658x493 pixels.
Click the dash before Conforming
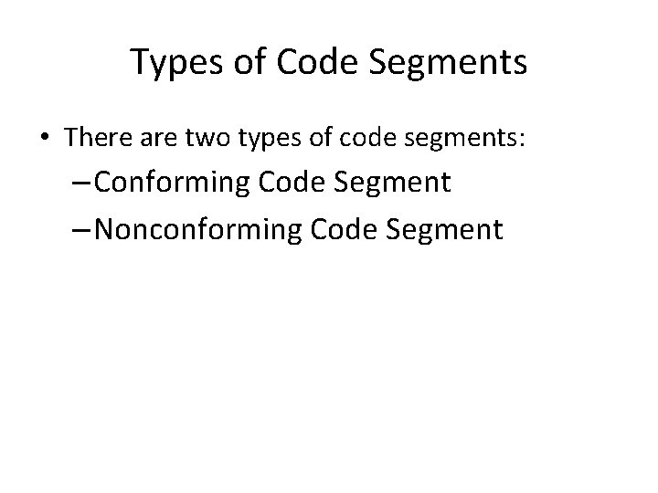pos(79,183)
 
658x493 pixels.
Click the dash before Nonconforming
pos(79,228)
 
